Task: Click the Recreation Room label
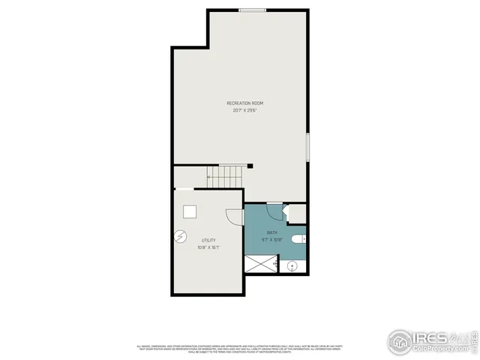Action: (x=244, y=103)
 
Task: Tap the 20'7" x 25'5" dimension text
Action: (x=244, y=110)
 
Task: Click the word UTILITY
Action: (x=208, y=240)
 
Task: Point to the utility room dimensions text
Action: (x=208, y=247)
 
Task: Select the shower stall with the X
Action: (x=261, y=265)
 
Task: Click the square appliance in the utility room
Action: (x=190, y=211)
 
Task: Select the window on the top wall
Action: (x=252, y=10)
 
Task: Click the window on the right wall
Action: (x=307, y=145)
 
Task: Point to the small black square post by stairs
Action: (x=251, y=166)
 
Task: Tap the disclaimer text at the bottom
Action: (x=240, y=348)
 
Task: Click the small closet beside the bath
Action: (x=297, y=214)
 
